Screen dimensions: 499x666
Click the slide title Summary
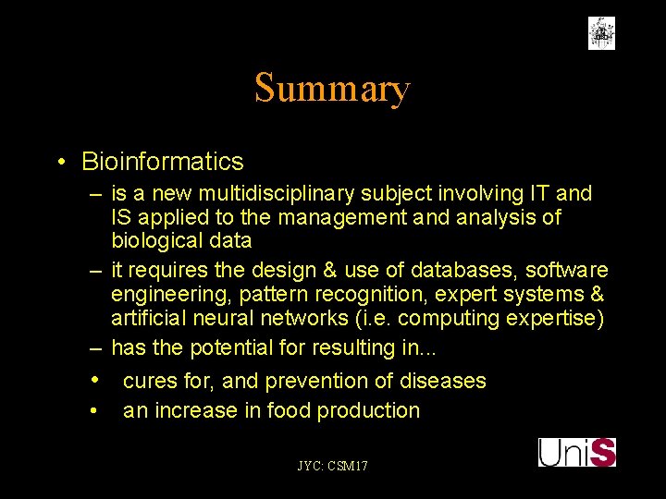tap(332, 89)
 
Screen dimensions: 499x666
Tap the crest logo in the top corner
tap(601, 32)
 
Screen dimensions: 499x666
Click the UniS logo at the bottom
tap(577, 452)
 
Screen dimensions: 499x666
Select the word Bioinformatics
tap(163, 162)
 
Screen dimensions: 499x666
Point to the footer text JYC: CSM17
tap(332, 466)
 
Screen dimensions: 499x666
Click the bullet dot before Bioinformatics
tap(60, 163)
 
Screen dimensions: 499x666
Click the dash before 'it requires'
tap(95, 270)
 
